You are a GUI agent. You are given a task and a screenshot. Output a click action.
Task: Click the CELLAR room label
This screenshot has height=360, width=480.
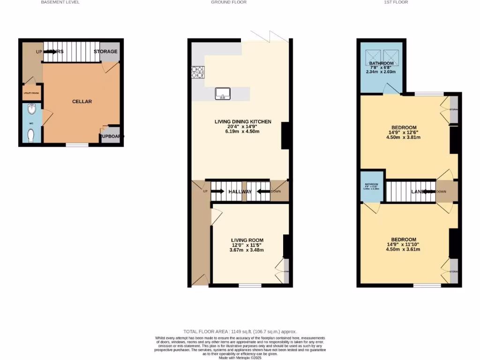coord(82,101)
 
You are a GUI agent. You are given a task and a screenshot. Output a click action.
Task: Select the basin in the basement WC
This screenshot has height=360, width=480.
coord(31,110)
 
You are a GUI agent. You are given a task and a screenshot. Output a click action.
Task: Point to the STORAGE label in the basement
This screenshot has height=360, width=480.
coord(105,52)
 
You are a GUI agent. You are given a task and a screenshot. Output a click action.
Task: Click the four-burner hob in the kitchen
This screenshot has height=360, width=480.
coord(197,72)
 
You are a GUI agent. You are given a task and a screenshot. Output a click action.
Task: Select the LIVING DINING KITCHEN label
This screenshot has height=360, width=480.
coord(243,122)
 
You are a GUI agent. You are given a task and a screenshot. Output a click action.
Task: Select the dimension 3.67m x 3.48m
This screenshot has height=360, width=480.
coord(247,250)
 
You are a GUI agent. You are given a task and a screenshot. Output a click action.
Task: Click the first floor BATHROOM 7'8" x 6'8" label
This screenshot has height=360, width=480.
coord(381,63)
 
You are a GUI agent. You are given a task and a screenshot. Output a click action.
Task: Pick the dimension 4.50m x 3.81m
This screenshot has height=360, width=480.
coord(404,137)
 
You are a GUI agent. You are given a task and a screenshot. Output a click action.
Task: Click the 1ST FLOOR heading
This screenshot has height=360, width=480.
coord(396,2)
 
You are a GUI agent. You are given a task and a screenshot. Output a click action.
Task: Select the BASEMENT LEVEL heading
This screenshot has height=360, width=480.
coord(60,2)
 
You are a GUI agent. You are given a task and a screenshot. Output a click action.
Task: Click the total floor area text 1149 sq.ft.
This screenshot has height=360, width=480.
coord(240,331)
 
